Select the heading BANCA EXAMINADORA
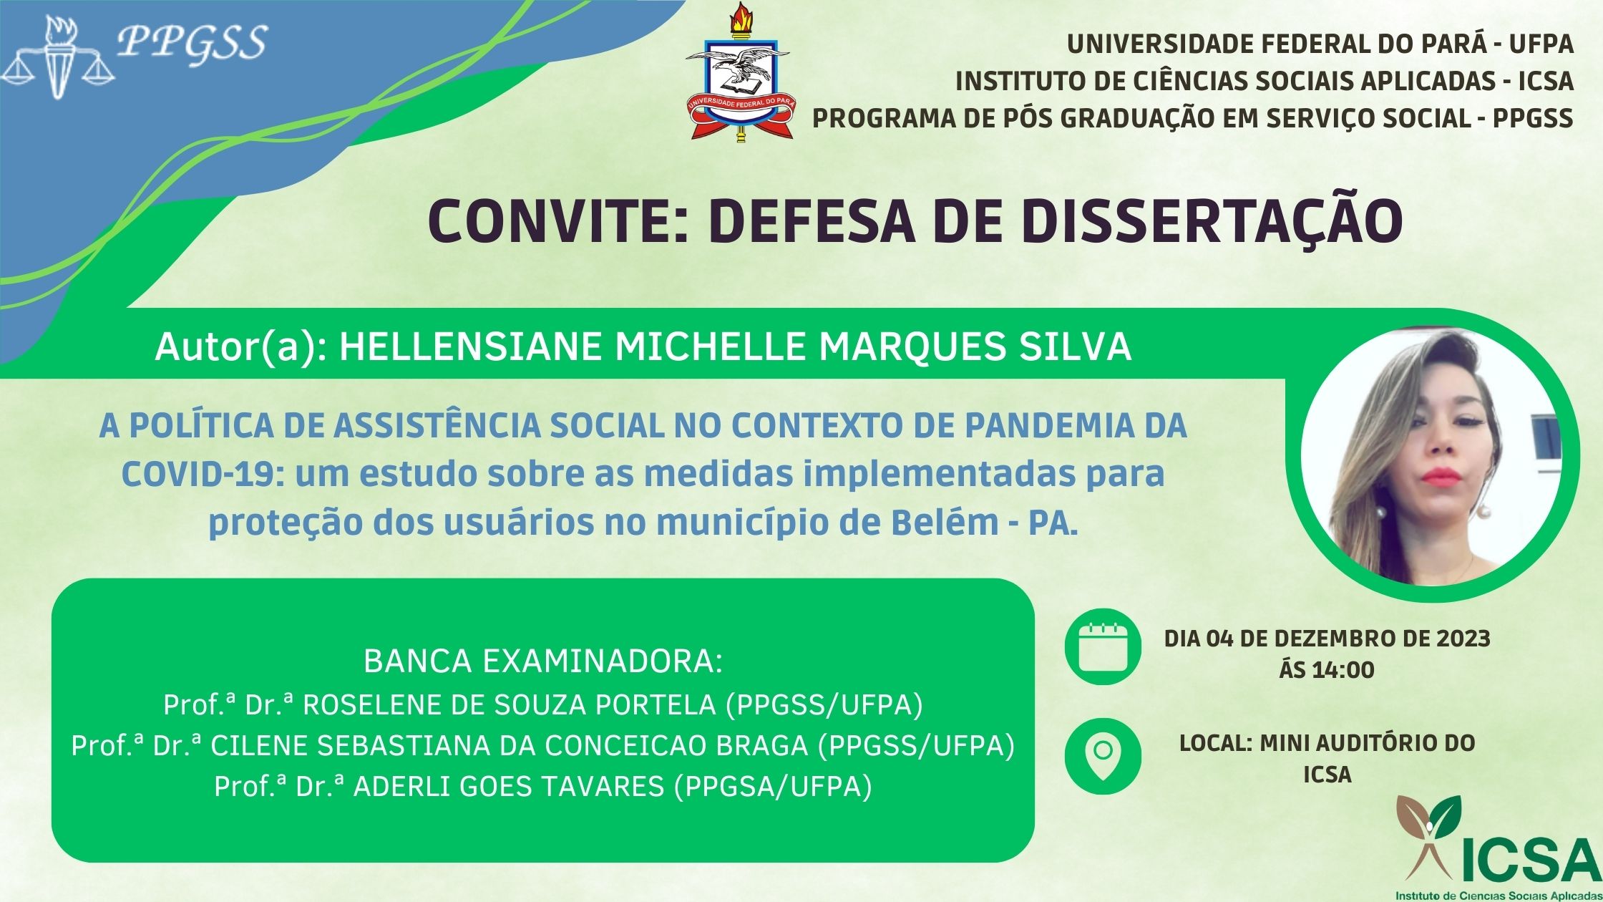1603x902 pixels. click(543, 661)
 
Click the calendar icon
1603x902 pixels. click(1103, 647)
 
